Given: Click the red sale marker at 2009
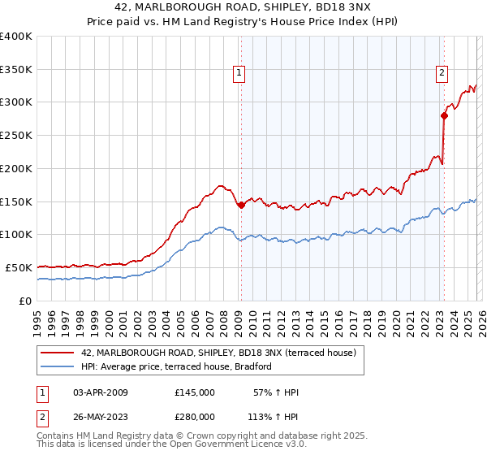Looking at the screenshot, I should coord(241,205).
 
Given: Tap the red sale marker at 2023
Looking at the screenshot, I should coord(444,115).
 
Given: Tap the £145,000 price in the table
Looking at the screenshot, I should coord(195,392).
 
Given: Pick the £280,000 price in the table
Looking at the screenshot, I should coord(195,417).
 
